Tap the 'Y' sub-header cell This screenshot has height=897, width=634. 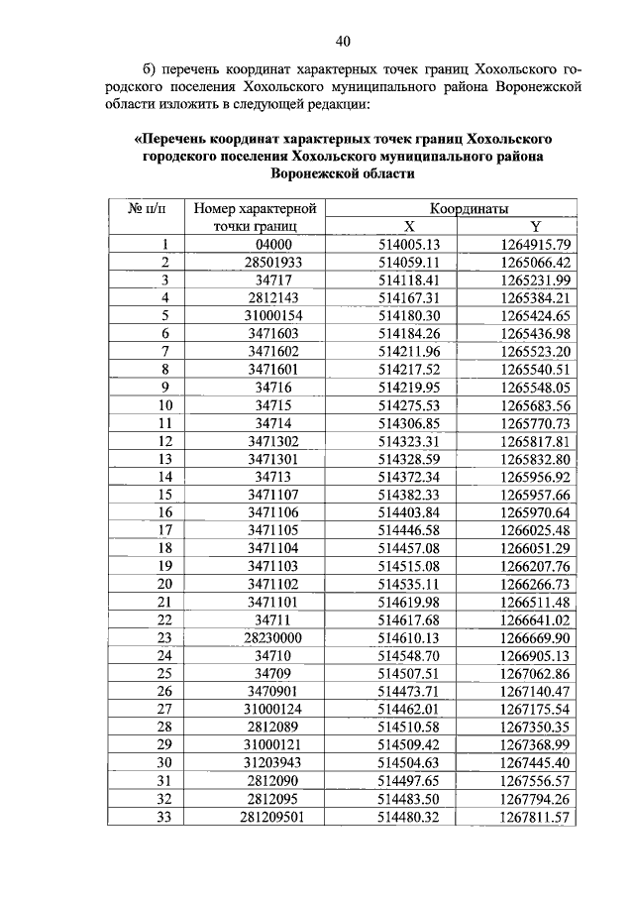click(x=534, y=226)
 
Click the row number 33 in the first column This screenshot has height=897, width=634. click(x=165, y=815)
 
